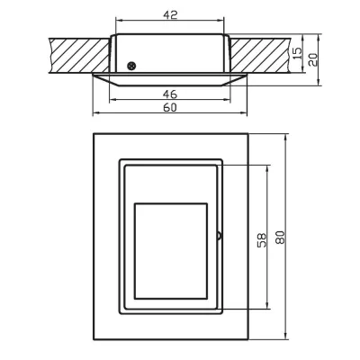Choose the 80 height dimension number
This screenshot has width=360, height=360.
pos(281,238)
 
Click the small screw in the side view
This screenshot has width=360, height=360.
pos(132,65)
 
